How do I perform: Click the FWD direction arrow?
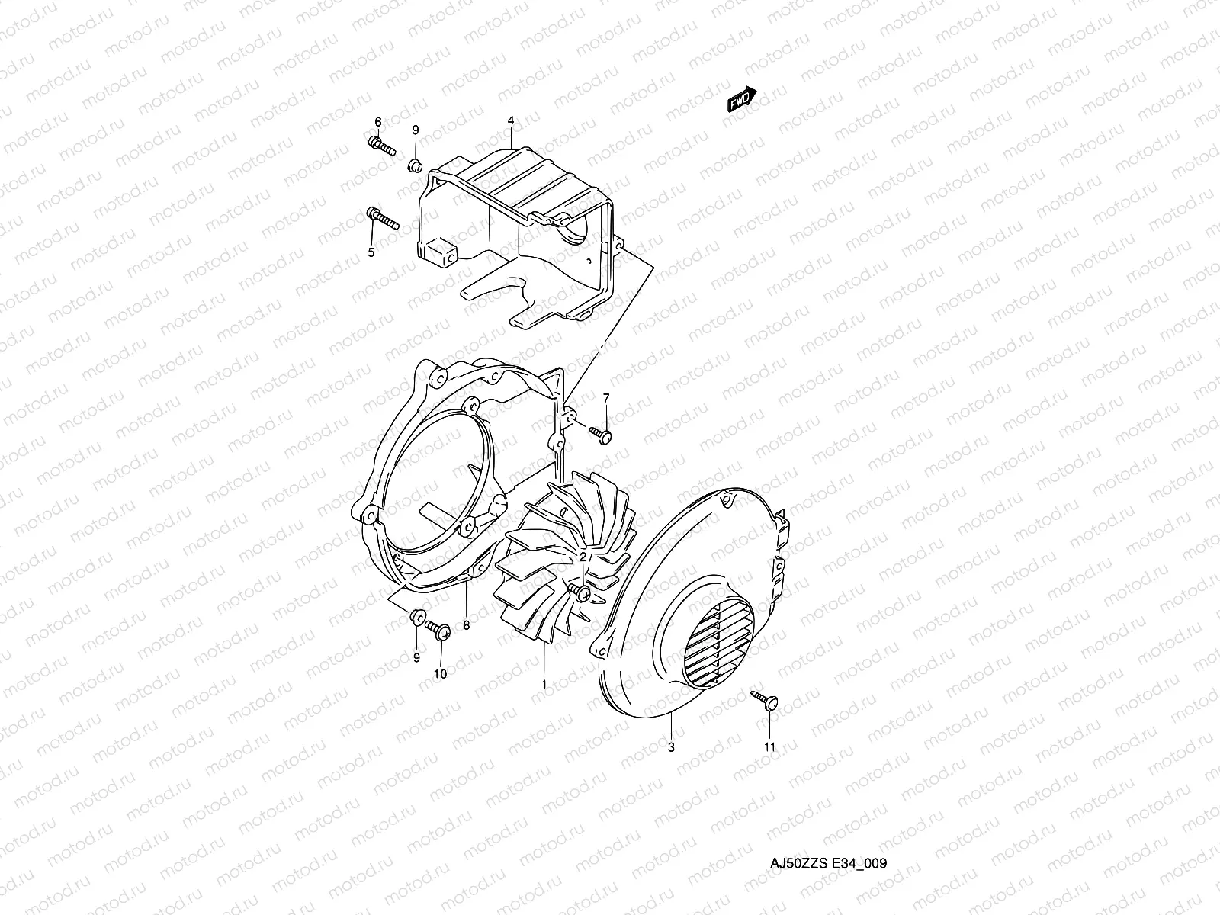pyautogui.click(x=740, y=101)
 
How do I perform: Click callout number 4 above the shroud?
pyautogui.click(x=511, y=121)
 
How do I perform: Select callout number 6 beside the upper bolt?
pyautogui.click(x=377, y=122)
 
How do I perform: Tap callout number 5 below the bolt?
pyautogui.click(x=371, y=252)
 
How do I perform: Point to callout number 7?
pyautogui.click(x=606, y=398)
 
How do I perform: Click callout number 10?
pyautogui.click(x=441, y=673)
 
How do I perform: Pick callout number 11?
pyautogui.click(x=769, y=747)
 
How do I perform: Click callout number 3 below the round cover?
pyautogui.click(x=671, y=747)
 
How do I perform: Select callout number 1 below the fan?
pyautogui.click(x=544, y=684)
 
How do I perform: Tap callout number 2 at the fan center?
pyautogui.click(x=583, y=558)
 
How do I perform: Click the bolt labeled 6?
pyautogui.click(x=381, y=144)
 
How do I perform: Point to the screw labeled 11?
pyautogui.click(x=765, y=701)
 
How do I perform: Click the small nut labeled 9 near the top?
pyautogui.click(x=416, y=164)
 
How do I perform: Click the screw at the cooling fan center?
pyautogui.click(x=583, y=592)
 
